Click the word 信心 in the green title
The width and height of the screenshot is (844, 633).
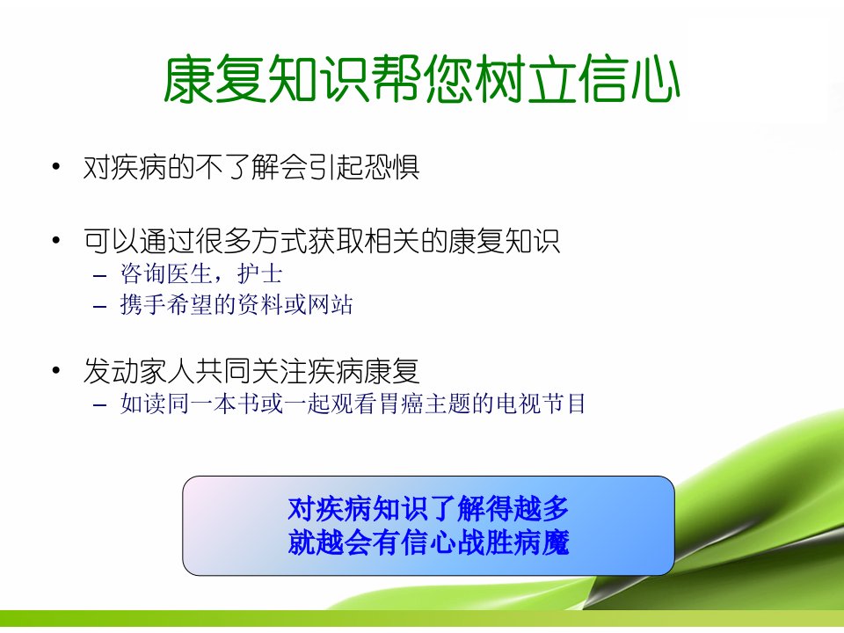click(629, 80)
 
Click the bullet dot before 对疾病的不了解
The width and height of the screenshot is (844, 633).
click(56, 166)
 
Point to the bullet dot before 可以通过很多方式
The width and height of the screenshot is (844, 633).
click(56, 240)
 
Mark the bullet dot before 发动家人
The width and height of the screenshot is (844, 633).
click(56, 370)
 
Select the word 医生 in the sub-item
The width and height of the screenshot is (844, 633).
click(190, 274)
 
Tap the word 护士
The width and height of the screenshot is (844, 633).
click(259, 274)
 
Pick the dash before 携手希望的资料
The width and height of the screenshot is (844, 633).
click(99, 308)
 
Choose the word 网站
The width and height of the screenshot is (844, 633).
click(330, 305)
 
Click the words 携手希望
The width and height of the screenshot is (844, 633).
click(166, 305)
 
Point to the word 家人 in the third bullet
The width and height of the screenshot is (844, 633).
click(167, 370)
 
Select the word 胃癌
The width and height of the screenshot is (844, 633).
click(402, 404)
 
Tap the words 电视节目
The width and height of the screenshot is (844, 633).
click(541, 404)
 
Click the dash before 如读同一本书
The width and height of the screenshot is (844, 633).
click(99, 405)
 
